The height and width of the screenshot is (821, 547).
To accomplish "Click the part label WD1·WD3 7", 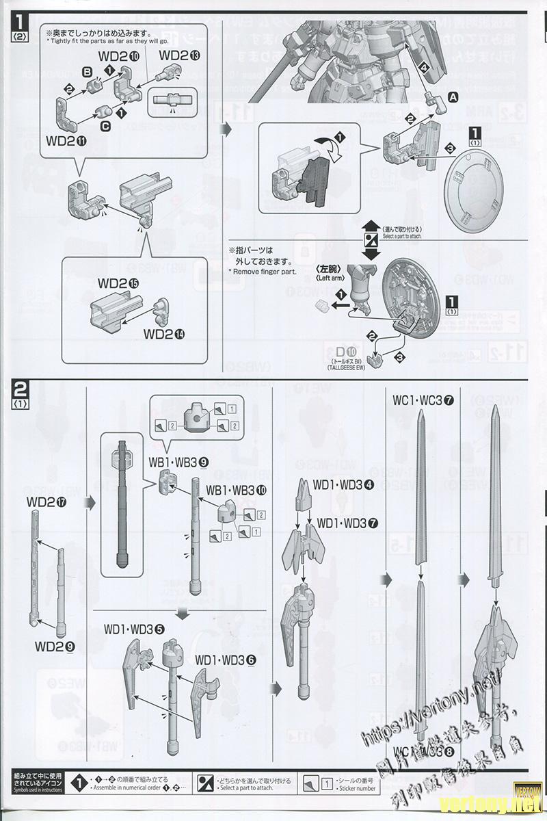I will coord(347,523).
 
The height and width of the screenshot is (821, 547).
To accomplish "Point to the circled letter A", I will coord(452,99).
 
